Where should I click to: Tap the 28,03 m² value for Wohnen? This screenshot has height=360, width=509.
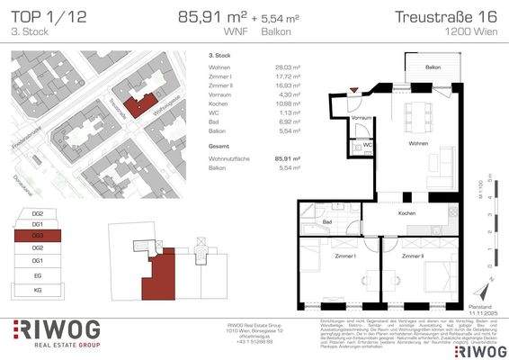point(289,67)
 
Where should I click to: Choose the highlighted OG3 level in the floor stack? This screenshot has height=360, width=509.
point(38,235)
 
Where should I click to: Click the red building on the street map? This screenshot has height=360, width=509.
point(137,105)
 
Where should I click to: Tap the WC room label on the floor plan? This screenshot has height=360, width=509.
point(369,144)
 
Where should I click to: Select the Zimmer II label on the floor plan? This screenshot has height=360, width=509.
point(415,256)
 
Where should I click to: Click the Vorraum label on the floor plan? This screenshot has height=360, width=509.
point(362,119)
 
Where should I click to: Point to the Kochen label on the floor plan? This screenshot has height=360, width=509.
point(407,213)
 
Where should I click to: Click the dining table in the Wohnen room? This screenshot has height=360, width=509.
point(419,114)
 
